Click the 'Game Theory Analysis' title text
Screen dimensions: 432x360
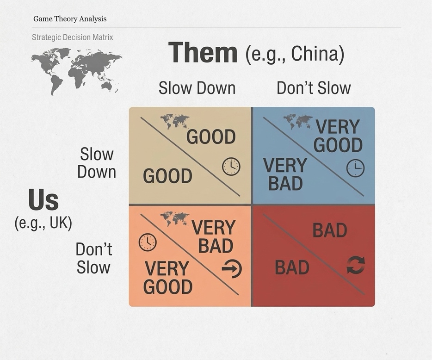[70, 19]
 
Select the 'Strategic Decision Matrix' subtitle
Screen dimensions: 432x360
[73, 37]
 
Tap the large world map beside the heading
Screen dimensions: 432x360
[76, 71]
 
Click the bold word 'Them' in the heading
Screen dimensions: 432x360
[203, 52]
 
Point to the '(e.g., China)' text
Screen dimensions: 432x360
[295, 54]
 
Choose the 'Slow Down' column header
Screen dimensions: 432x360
[197, 88]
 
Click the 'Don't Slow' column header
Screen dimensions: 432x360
[314, 88]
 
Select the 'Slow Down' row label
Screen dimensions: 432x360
[97, 163]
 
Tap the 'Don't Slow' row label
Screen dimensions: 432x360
[94, 258]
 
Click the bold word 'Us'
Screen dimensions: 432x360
[43, 200]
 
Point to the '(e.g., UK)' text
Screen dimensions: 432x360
[43, 223]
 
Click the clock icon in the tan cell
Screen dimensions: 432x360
[231, 167]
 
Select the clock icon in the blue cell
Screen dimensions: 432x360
[355, 168]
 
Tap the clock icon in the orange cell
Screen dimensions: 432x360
[148, 242]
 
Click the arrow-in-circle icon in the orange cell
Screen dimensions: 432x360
[232, 268]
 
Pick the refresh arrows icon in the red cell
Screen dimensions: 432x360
[356, 265]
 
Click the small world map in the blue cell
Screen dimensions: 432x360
[298, 122]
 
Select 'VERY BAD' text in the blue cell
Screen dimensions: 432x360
[285, 174]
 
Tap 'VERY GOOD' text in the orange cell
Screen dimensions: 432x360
[167, 278]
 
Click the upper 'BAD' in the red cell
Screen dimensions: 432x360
[330, 230]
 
